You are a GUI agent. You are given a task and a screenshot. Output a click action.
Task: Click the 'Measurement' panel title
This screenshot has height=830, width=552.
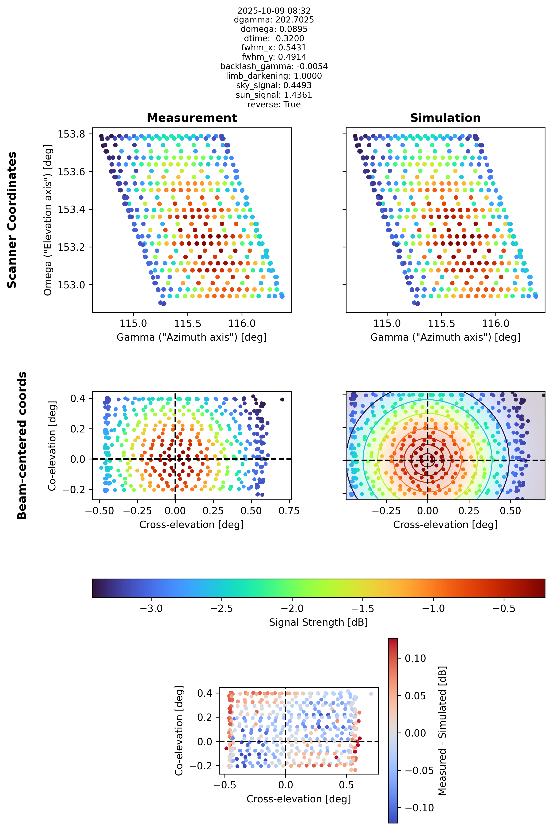192,118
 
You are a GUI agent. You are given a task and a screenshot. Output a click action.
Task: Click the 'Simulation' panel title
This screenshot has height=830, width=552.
445,118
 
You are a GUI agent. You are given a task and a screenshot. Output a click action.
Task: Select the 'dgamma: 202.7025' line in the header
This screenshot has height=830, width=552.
274,20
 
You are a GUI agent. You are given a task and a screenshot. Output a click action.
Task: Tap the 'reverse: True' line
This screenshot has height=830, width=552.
274,104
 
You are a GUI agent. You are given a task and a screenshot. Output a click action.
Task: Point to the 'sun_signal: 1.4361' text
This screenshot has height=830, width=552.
274,95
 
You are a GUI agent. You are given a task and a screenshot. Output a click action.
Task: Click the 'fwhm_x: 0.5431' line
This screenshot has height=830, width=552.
274,48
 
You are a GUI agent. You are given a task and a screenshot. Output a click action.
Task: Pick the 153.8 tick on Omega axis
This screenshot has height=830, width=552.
72,134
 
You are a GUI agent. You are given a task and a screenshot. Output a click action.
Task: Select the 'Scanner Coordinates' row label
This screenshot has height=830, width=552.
12,220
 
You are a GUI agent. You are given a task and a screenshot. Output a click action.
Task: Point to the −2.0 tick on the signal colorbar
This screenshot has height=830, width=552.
292,609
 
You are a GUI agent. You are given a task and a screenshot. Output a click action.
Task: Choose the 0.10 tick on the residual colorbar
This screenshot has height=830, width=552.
415,659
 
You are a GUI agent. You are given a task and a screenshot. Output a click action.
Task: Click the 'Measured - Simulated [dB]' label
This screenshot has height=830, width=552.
442,730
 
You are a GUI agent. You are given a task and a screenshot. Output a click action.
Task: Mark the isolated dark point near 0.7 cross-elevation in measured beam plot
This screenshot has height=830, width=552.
282,399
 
